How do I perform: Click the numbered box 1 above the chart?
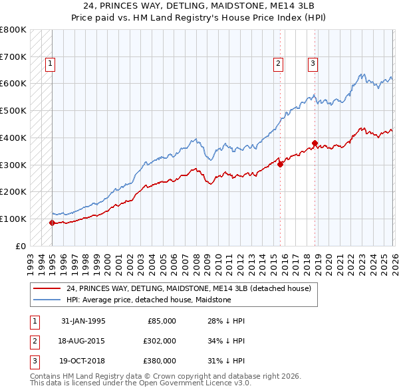coord(51,64)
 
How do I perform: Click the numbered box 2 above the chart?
coord(278,64)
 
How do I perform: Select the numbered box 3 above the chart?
coord(313,64)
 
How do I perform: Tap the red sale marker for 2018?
coord(315,142)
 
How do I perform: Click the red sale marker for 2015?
coord(280,164)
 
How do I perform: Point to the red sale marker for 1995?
coord(52,223)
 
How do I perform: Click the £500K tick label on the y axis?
coord(13,110)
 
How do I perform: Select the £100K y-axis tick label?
coord(13,219)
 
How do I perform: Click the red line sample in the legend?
coord(48,289)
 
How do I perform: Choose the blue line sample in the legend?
coord(48,300)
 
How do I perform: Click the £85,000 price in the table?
coord(161,321)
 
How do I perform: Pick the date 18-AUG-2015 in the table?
coord(84,341)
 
